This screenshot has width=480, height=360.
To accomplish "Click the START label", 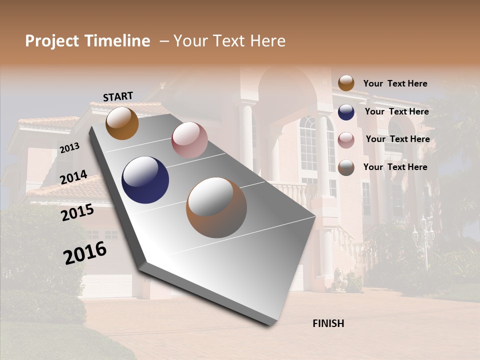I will tap(118, 96).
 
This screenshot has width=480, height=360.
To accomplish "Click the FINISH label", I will tap(328, 323).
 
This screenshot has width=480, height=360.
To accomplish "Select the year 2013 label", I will tap(69, 147).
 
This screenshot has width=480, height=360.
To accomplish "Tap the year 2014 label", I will tap(73, 177).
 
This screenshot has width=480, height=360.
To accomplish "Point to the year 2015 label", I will tap(77, 212).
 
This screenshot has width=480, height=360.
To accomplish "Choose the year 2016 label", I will tap(85, 252).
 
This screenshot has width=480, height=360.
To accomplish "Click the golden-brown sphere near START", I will tap(122, 123).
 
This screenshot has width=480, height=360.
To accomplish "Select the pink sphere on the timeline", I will tap(189, 140).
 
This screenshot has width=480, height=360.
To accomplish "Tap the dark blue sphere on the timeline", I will tap(145, 180).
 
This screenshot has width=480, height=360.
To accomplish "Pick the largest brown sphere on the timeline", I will tap(216, 207).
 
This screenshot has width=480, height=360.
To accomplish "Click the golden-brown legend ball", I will tap(346, 83).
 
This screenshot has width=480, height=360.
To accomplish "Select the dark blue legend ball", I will tap(346, 112).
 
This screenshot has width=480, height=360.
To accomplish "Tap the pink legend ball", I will tap(346, 140).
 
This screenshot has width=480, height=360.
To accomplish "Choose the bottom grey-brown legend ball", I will tap(346, 167).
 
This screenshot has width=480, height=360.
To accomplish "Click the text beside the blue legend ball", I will tap(396, 111).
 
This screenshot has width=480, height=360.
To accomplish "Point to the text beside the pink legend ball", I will tap(397, 139).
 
